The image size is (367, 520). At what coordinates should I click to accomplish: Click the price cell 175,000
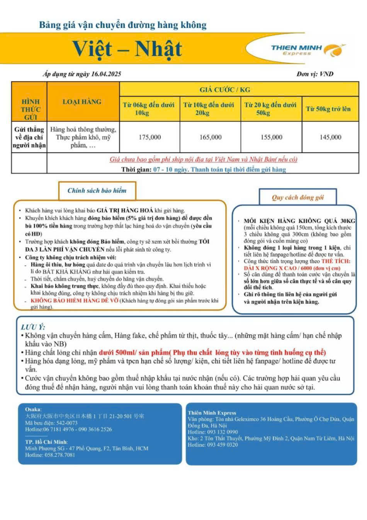point(150,137)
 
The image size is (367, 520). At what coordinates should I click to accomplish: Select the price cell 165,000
point(211,137)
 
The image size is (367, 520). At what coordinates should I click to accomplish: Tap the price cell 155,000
point(271,137)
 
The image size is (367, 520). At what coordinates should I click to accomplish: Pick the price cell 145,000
point(330,137)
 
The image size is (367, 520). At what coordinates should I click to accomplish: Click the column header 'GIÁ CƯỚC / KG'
point(224,90)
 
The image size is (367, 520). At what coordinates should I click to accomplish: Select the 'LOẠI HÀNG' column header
point(82,102)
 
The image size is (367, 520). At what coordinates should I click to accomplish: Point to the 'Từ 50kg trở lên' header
point(328,109)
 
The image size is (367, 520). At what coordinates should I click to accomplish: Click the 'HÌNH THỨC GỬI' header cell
point(30,109)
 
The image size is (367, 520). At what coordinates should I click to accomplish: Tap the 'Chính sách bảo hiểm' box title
point(97,190)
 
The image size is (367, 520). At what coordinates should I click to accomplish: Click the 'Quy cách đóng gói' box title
point(297,197)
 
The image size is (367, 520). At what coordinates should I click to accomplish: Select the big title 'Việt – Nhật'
point(127,49)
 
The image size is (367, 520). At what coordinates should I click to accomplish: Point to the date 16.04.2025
point(106,74)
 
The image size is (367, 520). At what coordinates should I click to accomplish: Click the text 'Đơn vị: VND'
point(315,74)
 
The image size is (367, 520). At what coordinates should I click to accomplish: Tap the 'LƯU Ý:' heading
point(33,327)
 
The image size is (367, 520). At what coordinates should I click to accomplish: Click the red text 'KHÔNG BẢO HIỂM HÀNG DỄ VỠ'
point(74,301)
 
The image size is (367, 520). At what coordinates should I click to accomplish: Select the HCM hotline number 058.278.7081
point(60,455)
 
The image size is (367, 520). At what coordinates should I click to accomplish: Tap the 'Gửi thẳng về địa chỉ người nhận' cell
point(29,137)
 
